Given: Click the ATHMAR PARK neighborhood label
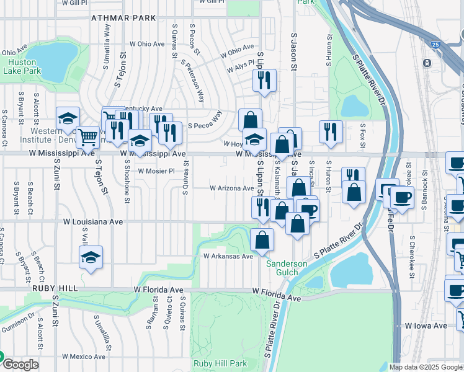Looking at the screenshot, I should click(x=123, y=18).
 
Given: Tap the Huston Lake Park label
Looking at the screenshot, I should click(x=21, y=67).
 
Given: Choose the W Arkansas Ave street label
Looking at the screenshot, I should click(x=228, y=256).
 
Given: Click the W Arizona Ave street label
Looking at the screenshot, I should click(x=231, y=188).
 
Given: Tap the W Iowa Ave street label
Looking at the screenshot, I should click(x=426, y=325).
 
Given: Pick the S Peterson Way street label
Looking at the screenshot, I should click(x=193, y=81).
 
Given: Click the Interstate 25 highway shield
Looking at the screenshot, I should click(x=436, y=45).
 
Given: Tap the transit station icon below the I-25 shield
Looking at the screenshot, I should click(x=427, y=63).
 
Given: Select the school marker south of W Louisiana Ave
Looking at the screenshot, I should click(x=91, y=258).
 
